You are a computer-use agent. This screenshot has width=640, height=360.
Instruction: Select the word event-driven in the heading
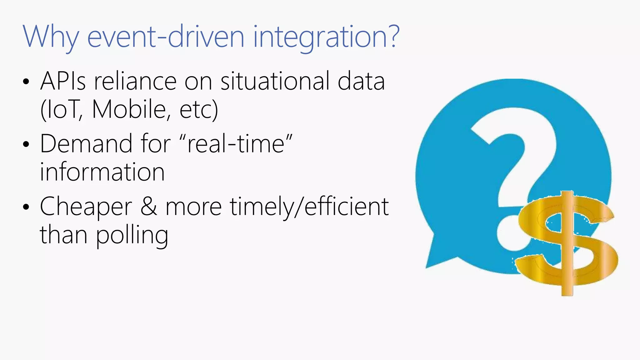(x=166, y=37)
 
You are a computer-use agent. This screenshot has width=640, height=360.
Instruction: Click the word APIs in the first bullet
(x=63, y=81)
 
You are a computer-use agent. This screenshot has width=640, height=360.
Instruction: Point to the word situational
(x=275, y=81)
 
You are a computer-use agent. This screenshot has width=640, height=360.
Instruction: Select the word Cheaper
(x=86, y=207)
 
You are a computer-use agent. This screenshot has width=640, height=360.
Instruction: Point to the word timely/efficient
(x=309, y=207)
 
